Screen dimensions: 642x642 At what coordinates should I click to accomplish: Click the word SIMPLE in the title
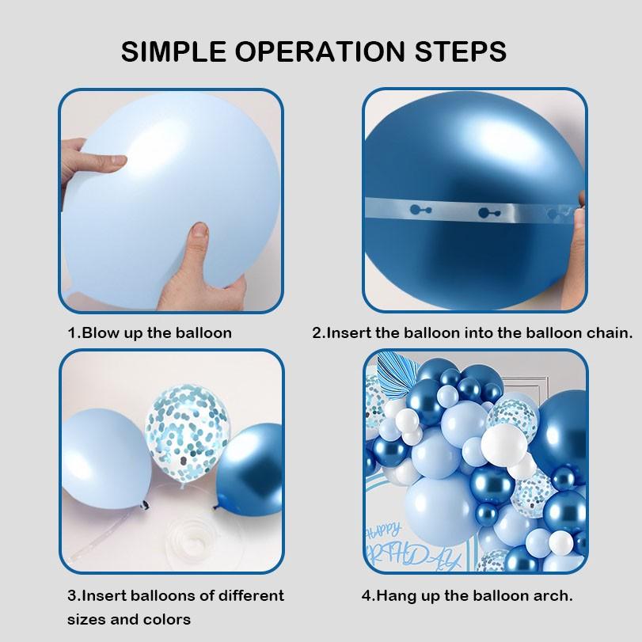point(173,51)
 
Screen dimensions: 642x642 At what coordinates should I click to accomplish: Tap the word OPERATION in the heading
point(320,51)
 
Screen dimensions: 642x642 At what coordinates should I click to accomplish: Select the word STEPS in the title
point(461,51)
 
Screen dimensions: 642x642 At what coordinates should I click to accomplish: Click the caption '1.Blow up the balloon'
point(150,332)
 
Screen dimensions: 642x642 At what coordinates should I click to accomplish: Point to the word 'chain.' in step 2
point(610,332)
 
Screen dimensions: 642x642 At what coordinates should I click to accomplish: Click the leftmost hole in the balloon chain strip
point(420,210)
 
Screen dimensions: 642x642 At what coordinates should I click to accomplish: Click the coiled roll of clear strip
point(192,541)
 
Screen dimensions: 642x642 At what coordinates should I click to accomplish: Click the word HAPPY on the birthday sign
point(383,531)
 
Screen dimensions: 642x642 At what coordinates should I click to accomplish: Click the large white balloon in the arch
point(503,445)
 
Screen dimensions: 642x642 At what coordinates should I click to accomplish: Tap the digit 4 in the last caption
point(366,596)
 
